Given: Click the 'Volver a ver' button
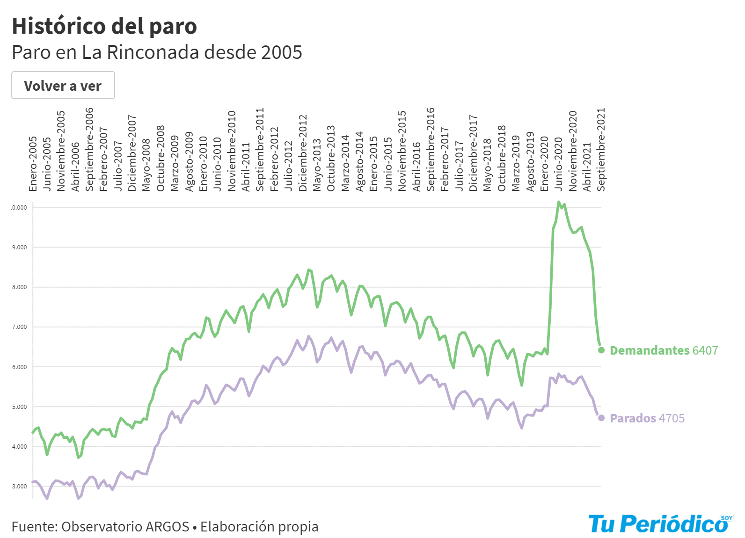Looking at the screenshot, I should pyautogui.click(x=63, y=85).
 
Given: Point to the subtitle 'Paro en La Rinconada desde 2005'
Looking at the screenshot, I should pyautogui.click(x=157, y=52).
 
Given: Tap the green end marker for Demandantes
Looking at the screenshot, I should pyautogui.click(x=601, y=350).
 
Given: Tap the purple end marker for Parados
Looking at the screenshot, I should pyautogui.click(x=601, y=418).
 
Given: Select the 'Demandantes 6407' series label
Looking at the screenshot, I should pyautogui.click(x=664, y=350).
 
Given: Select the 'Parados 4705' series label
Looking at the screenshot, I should pyautogui.click(x=647, y=418).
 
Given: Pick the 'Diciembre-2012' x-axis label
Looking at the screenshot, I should pyautogui.click(x=303, y=153).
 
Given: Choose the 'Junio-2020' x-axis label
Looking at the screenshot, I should pyautogui.click(x=559, y=164).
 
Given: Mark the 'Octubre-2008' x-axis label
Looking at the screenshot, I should pyautogui.click(x=161, y=158).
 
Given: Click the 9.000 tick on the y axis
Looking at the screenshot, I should pyautogui.click(x=20, y=247).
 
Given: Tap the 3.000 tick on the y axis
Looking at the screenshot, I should pyautogui.click(x=20, y=486).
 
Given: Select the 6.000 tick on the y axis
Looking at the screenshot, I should pyautogui.click(x=20, y=367).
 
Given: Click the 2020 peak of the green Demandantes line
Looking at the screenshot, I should pyautogui.click(x=559, y=202).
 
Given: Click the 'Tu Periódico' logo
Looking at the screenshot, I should pyautogui.click(x=658, y=524).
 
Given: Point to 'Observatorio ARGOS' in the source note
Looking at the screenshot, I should pyautogui.click(x=125, y=527).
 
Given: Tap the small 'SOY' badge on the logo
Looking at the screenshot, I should pyautogui.click(x=726, y=518).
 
